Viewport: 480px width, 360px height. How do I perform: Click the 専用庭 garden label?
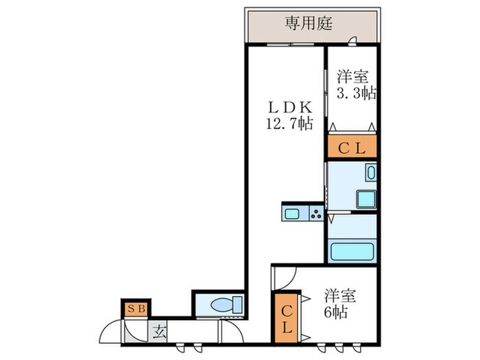click(x=309, y=23)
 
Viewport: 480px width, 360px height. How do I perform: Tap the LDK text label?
click(x=289, y=107)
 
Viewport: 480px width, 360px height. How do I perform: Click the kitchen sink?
click(x=292, y=213)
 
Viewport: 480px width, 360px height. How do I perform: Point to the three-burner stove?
click(x=316, y=213)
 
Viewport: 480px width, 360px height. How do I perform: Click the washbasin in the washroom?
click(x=371, y=173)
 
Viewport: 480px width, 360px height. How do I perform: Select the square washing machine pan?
click(x=365, y=199)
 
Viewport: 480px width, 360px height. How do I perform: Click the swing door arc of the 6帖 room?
click(x=285, y=276)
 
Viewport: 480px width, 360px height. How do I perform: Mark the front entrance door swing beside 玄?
click(x=112, y=331)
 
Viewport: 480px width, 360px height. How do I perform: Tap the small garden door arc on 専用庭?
click(x=352, y=41)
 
